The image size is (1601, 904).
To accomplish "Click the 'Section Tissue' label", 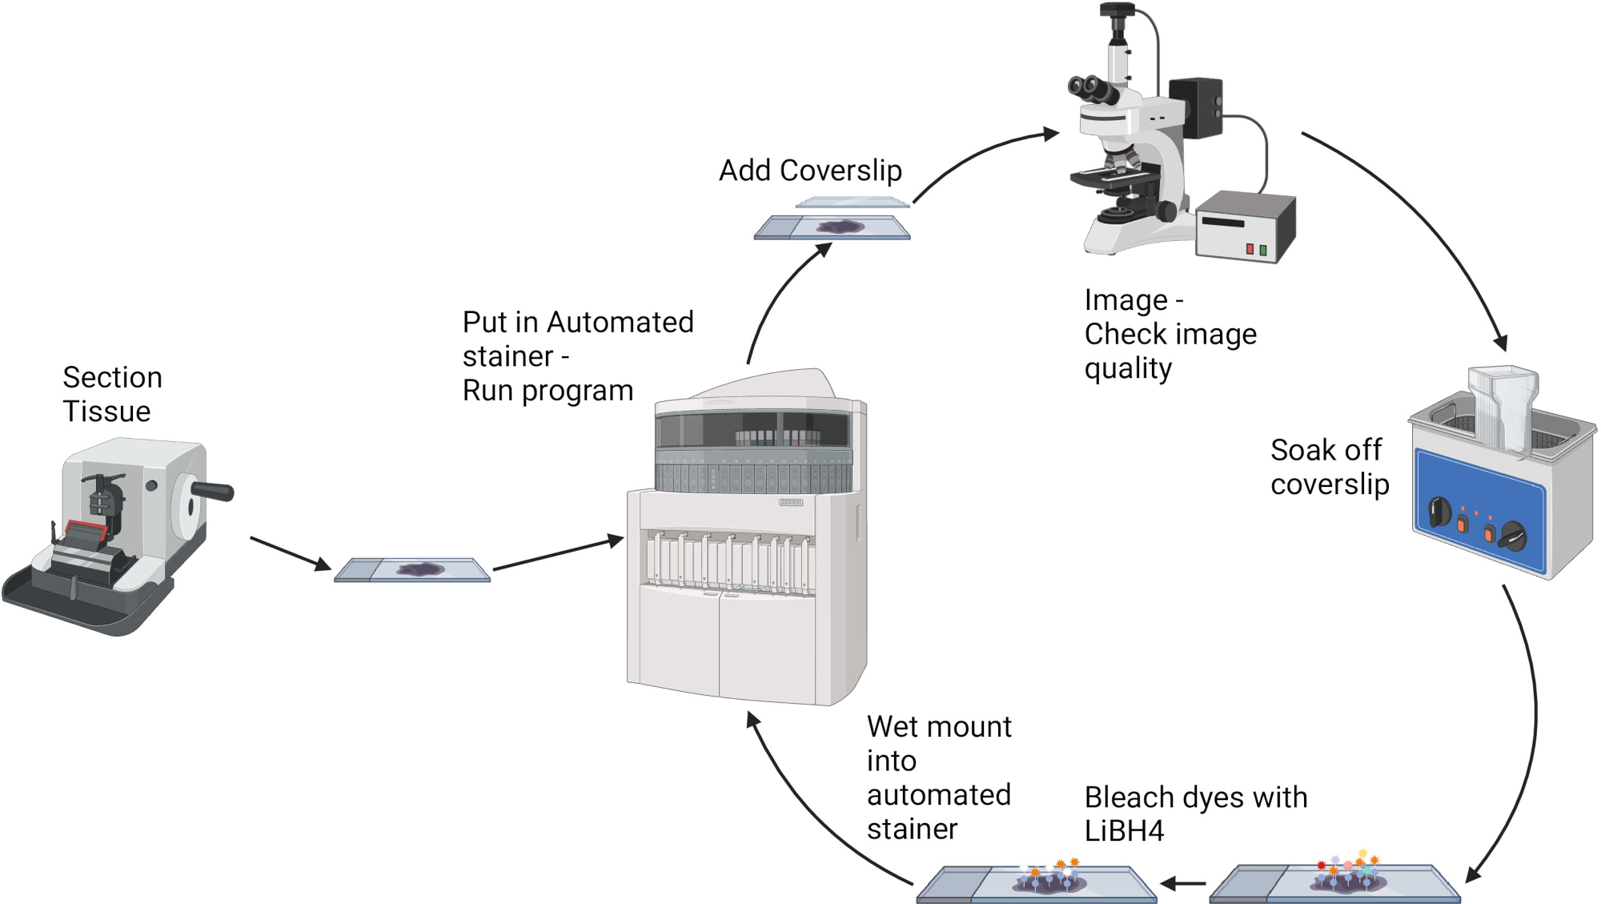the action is (x=112, y=394).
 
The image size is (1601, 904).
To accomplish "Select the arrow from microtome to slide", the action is (x=291, y=553).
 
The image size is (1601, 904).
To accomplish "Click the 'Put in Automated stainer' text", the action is (x=578, y=339).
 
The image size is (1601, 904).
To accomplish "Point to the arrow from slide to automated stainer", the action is (x=558, y=553).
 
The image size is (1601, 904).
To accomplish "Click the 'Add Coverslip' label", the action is (x=810, y=171).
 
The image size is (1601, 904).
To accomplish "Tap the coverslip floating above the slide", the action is (x=852, y=203).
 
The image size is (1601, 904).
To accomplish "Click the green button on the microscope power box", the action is (x=1263, y=251).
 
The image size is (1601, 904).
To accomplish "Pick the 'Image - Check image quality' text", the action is (x=1170, y=334).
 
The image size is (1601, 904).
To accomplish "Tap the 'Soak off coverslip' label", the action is (x=1330, y=467).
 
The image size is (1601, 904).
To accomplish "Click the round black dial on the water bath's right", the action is (x=1513, y=536).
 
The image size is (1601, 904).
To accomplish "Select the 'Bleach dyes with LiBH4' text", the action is (x=1196, y=814).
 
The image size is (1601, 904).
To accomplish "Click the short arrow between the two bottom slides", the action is (x=1182, y=884).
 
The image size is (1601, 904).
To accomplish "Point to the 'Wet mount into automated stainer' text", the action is (x=939, y=777).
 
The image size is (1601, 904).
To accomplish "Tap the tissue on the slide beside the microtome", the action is (x=420, y=569).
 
